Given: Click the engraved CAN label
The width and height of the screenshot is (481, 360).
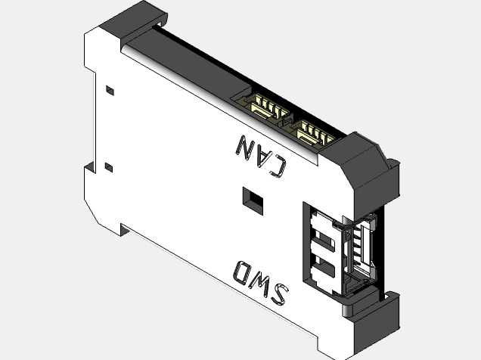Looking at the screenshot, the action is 261,156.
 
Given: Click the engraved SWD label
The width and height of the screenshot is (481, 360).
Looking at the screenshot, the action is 261,282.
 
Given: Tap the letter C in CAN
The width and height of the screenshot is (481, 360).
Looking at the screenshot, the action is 278,166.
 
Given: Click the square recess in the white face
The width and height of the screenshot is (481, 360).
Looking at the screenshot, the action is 253,201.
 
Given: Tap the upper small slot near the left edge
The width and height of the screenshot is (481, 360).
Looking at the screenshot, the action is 110,91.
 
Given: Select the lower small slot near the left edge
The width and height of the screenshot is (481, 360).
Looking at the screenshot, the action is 109,167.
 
